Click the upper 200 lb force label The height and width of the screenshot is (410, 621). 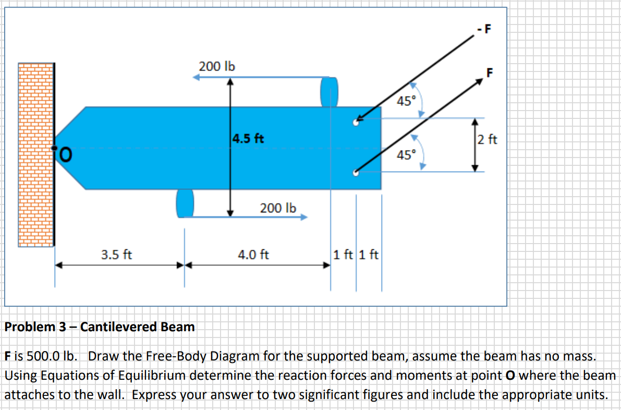(217, 67)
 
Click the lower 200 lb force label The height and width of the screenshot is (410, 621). (278, 208)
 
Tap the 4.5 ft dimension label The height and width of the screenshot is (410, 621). (248, 139)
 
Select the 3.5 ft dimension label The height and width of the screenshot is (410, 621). (116, 255)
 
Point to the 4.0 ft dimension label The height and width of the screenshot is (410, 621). (253, 255)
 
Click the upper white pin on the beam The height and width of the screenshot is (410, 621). (356, 123)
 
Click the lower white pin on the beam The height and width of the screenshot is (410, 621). (356, 174)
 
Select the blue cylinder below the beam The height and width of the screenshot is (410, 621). (185, 202)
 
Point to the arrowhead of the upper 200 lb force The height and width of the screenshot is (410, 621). (196, 77)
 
